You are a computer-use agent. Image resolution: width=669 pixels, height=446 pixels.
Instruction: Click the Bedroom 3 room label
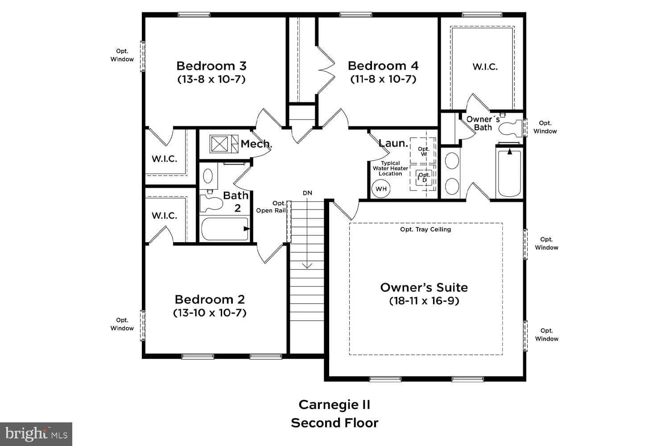coord(211,66)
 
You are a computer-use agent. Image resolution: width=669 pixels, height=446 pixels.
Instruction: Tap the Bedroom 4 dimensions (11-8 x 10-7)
coord(383,79)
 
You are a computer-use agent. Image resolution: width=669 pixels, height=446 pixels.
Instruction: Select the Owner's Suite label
coord(424,287)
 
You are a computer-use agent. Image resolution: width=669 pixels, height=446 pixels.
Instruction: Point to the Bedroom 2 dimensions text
coord(210,313)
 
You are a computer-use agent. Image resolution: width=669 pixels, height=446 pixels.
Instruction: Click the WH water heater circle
coord(381,189)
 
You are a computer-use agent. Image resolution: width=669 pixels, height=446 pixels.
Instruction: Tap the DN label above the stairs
coord(307,193)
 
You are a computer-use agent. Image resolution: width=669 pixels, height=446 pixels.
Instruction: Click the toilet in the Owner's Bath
coord(510,128)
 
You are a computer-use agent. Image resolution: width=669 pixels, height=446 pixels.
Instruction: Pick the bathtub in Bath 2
coord(224,229)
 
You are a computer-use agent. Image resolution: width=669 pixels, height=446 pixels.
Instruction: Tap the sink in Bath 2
coord(208,176)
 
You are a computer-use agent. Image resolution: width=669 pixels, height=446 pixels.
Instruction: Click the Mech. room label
coord(256,144)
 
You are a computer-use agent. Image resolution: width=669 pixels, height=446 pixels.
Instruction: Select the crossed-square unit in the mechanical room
coord(219,144)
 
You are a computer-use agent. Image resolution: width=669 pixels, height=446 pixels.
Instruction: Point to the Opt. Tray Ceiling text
coord(425,229)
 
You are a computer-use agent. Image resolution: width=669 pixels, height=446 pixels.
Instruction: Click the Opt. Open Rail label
coord(271,207)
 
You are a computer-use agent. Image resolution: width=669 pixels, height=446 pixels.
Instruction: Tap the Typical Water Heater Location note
coord(390,169)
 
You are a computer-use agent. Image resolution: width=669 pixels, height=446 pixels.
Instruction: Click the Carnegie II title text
coord(334,405)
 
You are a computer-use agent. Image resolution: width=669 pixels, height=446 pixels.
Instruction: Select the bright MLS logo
coord(36,434)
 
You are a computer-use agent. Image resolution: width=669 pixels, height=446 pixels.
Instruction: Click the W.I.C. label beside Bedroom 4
coord(485,67)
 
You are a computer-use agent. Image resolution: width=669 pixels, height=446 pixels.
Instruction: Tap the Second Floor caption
coord(334,423)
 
